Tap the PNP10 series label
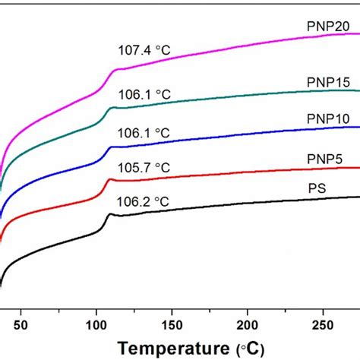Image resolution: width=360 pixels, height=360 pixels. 320,119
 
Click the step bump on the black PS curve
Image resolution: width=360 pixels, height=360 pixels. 109,216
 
